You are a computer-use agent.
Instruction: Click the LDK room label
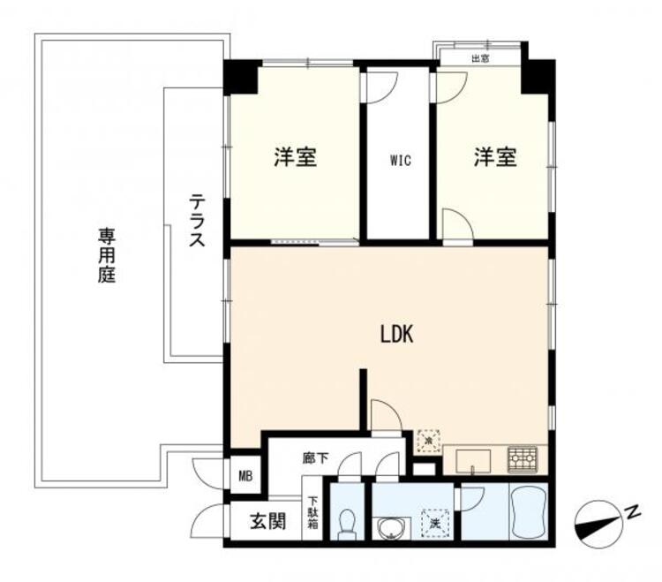tap(396, 334)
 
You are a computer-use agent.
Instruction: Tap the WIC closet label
tap(400, 161)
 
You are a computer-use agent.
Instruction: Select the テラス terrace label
tap(197, 220)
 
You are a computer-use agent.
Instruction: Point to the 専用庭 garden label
tap(107, 255)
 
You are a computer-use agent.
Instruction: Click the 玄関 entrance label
tap(268, 521)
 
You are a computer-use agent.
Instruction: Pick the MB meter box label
tap(245, 476)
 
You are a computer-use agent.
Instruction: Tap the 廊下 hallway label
tap(315, 457)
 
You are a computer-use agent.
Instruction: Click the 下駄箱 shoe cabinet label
tap(312, 513)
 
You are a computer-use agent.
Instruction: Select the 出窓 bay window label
tap(480, 58)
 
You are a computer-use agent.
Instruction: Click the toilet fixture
tap(347, 524)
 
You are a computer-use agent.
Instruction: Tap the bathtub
tap(528, 511)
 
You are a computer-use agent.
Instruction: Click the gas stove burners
tap(523, 459)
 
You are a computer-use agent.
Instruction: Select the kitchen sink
tap(473, 461)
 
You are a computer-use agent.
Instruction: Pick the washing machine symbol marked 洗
tap(434, 523)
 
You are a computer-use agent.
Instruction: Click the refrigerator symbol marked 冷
tap(428, 441)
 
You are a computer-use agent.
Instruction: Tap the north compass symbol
tap(599, 521)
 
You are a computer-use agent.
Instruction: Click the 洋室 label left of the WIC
tap(296, 156)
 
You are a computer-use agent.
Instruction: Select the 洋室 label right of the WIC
tap(495, 156)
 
